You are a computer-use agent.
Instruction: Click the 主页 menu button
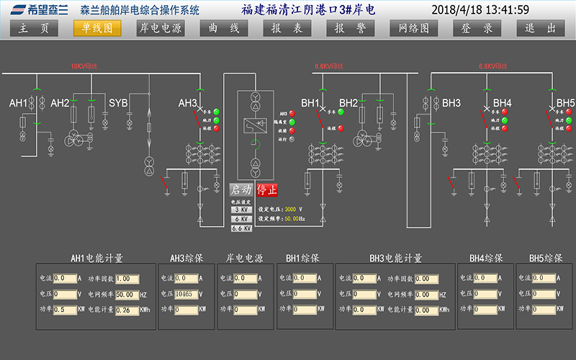(x=34, y=28)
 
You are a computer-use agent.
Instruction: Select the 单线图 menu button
(x=97, y=28)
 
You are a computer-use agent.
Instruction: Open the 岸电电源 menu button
(x=161, y=28)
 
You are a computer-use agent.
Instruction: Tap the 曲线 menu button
(x=224, y=28)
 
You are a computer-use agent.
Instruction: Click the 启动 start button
(x=241, y=190)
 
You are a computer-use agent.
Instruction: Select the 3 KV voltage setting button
(x=241, y=210)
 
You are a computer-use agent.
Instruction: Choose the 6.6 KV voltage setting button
(x=241, y=228)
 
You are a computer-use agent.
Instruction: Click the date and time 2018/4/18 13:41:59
(x=480, y=9)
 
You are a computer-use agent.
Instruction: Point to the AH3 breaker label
(x=188, y=103)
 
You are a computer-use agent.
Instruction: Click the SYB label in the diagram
(x=118, y=103)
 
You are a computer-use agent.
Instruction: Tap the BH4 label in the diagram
(x=503, y=103)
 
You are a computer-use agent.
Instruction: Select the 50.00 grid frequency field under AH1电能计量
(x=126, y=294)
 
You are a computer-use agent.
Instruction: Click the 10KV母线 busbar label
(x=84, y=66)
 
